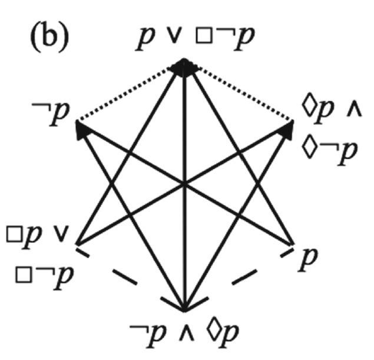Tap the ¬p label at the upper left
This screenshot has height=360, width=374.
pyautogui.click(x=51, y=114)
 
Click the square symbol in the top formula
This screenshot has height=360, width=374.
pyautogui.click(x=204, y=36)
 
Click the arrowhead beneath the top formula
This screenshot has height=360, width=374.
pyautogui.click(x=184, y=68)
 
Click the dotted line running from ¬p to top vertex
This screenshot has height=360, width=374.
pyautogui.click(x=124, y=94)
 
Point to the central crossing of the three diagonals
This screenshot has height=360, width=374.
pyautogui.click(x=184, y=184)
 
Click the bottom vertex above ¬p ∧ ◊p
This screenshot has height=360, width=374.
pyautogui.click(x=184, y=311)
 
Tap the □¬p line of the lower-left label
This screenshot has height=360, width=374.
pyautogui.click(x=44, y=278)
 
